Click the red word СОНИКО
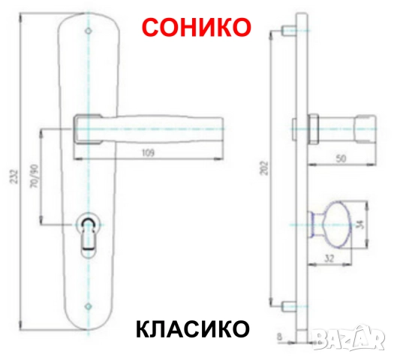197,27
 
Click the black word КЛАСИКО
193,328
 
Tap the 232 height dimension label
15,177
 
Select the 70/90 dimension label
35,176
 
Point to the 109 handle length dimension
148,153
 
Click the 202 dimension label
265,168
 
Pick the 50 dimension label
341,158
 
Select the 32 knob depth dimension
329,258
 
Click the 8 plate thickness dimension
281,337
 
